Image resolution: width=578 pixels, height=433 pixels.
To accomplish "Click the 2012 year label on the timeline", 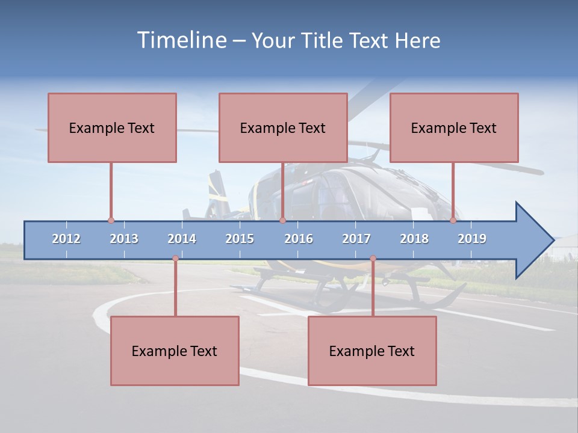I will tap(66, 239).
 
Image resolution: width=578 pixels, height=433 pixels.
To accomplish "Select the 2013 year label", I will tap(124, 239).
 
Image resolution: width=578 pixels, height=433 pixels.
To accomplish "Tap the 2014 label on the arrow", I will tap(182, 239).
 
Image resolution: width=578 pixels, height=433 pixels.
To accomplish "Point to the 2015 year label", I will tap(240, 239).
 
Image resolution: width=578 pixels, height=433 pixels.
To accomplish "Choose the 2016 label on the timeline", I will tap(299, 239).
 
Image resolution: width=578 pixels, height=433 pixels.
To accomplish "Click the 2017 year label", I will tap(356, 239).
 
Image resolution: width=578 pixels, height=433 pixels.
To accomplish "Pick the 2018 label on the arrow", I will tap(414, 239).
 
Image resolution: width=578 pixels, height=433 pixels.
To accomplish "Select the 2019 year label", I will tap(472, 239).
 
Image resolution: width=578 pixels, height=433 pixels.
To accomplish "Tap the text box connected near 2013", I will tap(112, 127).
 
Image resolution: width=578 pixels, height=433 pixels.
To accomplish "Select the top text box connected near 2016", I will tap(283, 127).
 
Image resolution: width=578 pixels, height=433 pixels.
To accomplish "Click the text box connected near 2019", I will tap(454, 127).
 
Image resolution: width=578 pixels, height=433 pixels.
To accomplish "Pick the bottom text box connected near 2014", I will tap(175, 351).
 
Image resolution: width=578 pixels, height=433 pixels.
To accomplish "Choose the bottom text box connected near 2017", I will tap(372, 351).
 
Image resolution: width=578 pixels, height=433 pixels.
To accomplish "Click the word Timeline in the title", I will tap(181, 40).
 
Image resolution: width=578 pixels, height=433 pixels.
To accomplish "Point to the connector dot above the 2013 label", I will tap(111, 220).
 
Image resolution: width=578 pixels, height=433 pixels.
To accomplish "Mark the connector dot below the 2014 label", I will tap(175, 259).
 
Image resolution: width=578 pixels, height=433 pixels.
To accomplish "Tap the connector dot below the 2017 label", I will tap(373, 259).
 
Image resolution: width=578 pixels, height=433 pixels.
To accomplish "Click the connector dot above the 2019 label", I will tap(453, 220).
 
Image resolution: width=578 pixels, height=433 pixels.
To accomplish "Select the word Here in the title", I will tap(417, 40).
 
